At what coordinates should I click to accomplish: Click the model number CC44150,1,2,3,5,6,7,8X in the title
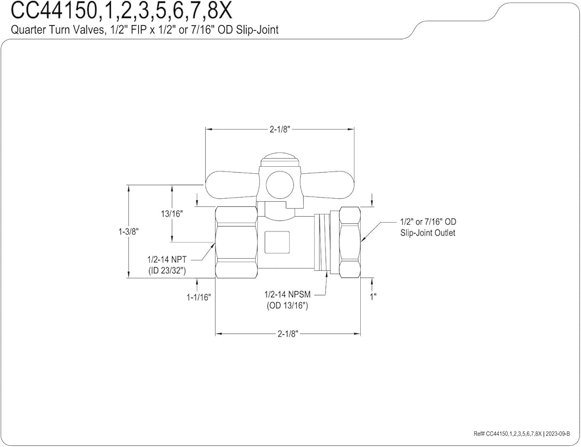(x=121, y=11)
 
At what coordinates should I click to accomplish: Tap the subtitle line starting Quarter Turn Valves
(x=145, y=30)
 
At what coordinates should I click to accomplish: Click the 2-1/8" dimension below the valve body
(x=288, y=334)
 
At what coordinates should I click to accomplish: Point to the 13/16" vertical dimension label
(x=172, y=214)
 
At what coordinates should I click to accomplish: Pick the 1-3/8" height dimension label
(x=128, y=232)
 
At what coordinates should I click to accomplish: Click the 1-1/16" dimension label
(x=199, y=296)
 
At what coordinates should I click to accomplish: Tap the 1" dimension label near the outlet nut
(x=373, y=296)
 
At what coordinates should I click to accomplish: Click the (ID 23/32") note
(x=167, y=270)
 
